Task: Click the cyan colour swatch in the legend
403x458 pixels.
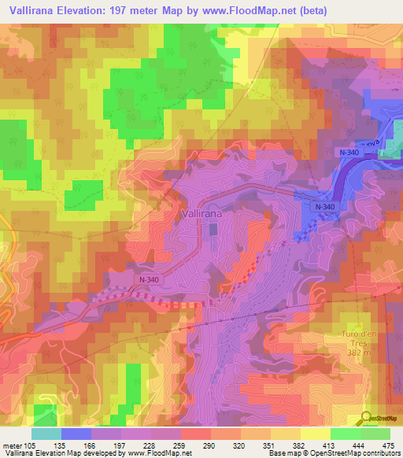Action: click(x=46, y=433)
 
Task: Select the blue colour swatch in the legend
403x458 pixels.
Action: click(x=76, y=433)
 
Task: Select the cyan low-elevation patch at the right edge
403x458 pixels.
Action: click(x=391, y=147)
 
